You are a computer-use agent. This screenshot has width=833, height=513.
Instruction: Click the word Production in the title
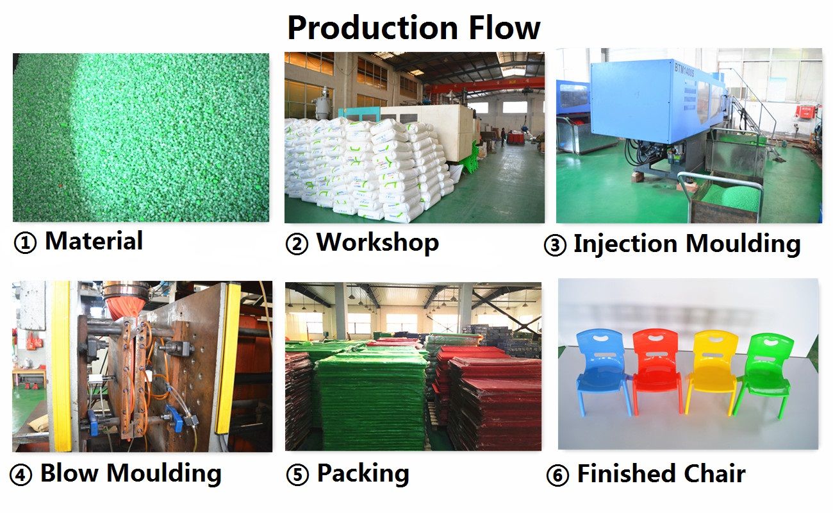click(x=373, y=28)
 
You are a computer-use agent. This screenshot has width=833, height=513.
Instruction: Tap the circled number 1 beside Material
click(x=25, y=243)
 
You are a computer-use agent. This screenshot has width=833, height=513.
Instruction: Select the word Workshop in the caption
click(x=377, y=244)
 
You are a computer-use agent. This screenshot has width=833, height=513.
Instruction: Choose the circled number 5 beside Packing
click(x=297, y=475)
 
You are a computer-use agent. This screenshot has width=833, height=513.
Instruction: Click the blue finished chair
click(x=602, y=371)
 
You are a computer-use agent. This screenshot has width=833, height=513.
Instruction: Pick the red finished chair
click(x=657, y=370)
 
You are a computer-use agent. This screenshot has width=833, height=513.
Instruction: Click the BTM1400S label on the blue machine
click(x=684, y=70)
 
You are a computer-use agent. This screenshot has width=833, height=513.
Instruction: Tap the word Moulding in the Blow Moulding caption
click(x=164, y=474)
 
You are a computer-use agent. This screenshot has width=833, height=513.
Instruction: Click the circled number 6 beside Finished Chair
click(x=557, y=475)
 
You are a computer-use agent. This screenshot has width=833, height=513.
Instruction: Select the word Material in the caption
click(x=94, y=241)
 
